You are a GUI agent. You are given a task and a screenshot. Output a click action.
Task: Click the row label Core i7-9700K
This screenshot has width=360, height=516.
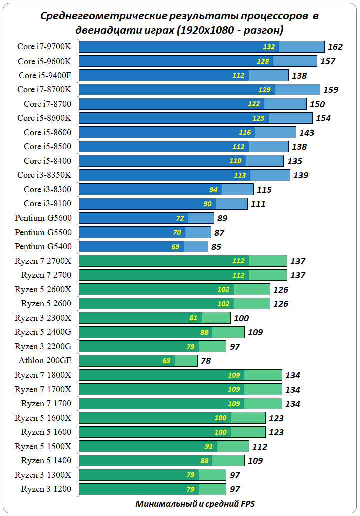tap(45, 47)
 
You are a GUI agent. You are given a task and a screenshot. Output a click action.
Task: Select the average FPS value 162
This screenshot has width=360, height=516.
tap(335, 47)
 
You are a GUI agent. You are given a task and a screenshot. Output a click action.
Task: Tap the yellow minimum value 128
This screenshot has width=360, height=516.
tap(264, 61)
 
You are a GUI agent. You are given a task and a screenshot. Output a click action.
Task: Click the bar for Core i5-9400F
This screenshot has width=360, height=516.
tap(184, 75)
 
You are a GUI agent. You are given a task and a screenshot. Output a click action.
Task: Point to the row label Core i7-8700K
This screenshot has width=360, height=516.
tap(44, 90)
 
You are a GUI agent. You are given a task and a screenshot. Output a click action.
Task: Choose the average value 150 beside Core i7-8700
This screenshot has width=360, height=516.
tap(317, 104)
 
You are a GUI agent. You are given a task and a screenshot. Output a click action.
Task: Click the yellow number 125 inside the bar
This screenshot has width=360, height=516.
tap(258, 118)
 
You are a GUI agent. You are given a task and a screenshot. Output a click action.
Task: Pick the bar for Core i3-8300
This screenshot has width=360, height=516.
tap(166, 190)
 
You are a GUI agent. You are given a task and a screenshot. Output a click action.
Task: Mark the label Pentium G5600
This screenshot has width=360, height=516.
tap(43, 218)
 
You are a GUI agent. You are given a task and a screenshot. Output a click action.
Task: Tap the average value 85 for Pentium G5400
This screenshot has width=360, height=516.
tap(216, 247)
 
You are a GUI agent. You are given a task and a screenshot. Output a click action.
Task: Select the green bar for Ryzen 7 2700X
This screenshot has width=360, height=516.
tap(183, 261)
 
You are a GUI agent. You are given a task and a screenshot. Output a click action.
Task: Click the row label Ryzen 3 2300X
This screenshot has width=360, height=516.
tap(43, 318)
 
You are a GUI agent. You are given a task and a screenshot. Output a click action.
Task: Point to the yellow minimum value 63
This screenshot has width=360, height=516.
tap(166, 361)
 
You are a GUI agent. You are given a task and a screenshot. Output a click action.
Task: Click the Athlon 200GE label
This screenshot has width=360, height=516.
tap(45, 360)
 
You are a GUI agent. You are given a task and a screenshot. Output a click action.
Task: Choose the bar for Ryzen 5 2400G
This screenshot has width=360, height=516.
tap(162, 332)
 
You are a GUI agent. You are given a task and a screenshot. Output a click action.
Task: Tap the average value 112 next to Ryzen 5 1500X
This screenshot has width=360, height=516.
tap(260, 447)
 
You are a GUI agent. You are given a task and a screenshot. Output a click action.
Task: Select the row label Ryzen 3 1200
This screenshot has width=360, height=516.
tap(46, 489)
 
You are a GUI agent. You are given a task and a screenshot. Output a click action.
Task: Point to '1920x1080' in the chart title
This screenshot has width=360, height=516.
tap(200, 30)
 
